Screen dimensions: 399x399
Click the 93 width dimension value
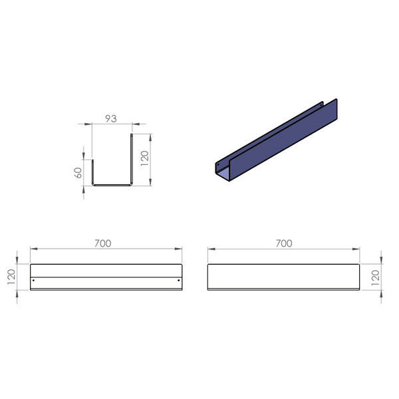click(x=111, y=118)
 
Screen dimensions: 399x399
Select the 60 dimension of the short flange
click(x=78, y=173)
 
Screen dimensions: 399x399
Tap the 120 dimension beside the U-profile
click(x=145, y=158)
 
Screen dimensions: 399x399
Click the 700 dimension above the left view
click(x=103, y=243)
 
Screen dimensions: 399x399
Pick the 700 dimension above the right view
click(x=284, y=243)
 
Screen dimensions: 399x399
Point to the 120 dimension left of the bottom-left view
click(x=11, y=277)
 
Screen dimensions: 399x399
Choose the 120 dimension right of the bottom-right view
click(x=376, y=277)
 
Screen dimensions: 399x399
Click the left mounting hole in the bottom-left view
click(x=34, y=281)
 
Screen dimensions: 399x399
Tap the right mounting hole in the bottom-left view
click(x=179, y=281)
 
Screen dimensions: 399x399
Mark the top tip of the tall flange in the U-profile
click(x=132, y=134)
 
